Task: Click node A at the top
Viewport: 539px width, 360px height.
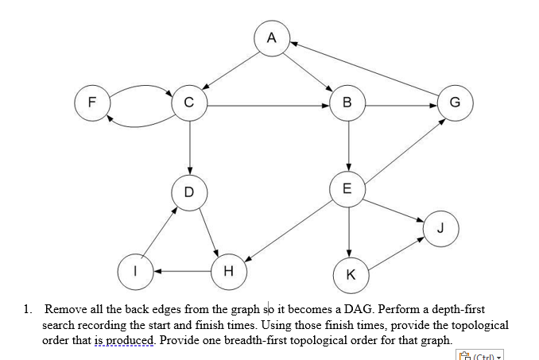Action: point(272,37)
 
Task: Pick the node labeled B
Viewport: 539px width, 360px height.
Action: point(347,103)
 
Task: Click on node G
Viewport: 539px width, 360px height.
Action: point(454,103)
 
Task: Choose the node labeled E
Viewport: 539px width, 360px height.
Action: point(347,189)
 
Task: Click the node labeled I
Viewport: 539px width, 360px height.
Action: point(135,271)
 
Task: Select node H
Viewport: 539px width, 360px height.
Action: point(229,271)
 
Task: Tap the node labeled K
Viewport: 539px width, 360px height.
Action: point(351,274)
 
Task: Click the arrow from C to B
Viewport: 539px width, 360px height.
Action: point(267,103)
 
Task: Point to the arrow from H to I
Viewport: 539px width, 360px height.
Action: point(182,271)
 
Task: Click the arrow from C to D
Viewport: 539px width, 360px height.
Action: point(188,148)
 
